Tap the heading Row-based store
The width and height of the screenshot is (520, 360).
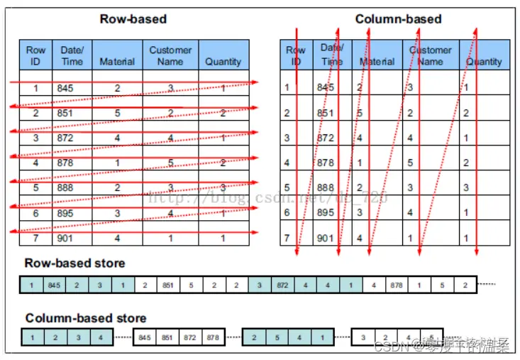pos(74,263)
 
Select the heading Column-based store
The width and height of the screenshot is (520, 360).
pos(86,318)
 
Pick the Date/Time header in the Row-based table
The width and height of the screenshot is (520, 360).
pos(71,55)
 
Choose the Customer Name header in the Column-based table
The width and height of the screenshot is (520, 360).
pos(431,55)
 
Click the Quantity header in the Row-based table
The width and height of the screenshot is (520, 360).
pos(223,62)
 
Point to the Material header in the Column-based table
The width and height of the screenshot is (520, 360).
pos(377,62)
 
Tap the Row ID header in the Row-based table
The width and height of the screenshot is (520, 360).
pos(35,55)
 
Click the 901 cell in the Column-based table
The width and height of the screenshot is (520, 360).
pos(325,238)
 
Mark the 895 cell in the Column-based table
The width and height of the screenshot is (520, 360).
pos(325,212)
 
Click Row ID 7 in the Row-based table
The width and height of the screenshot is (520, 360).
pos(35,239)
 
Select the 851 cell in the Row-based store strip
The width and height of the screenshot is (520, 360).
pos(168,285)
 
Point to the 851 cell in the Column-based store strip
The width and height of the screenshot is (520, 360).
pos(168,337)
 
